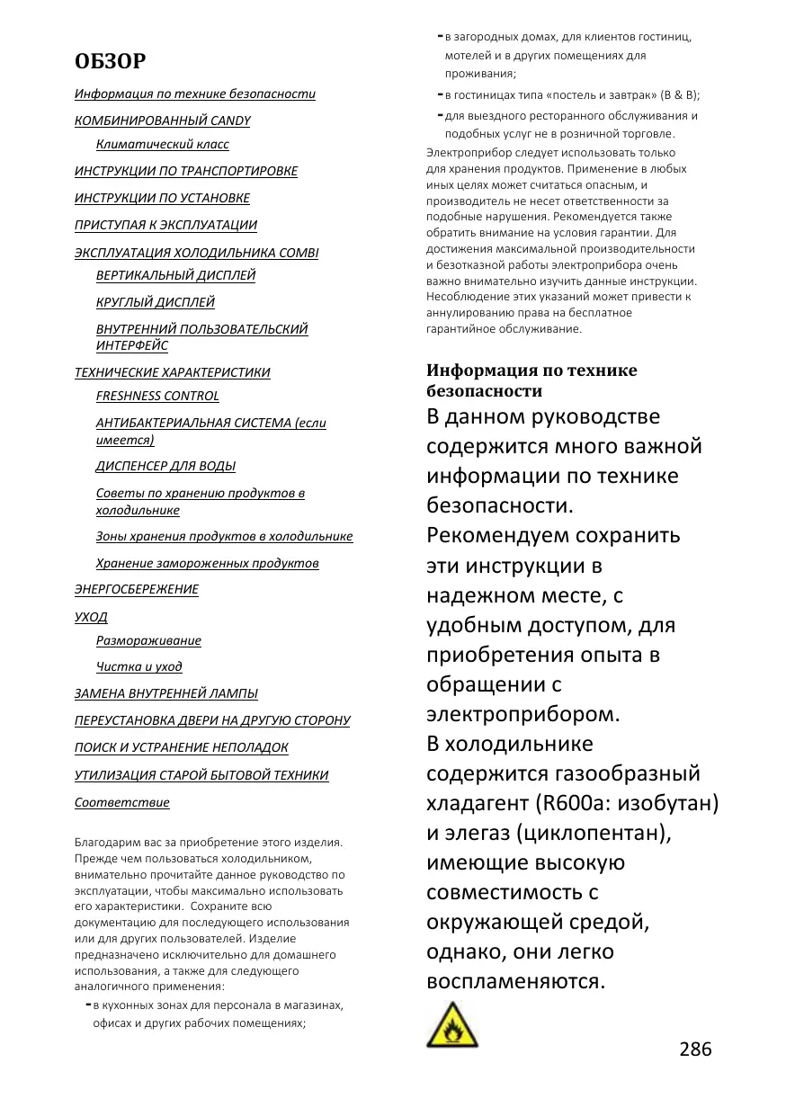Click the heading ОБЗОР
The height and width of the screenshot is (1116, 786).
(x=110, y=61)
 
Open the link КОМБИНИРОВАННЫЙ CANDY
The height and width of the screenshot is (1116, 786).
(x=162, y=121)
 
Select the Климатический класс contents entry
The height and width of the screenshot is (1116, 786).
(x=162, y=144)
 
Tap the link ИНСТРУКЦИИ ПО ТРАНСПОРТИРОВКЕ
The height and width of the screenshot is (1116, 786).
(x=185, y=171)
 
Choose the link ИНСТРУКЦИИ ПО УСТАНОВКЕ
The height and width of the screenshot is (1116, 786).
(x=162, y=198)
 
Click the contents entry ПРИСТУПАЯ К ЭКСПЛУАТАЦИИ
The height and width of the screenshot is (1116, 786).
(x=165, y=225)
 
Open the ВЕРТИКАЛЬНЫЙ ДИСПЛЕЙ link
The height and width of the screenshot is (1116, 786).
(x=175, y=275)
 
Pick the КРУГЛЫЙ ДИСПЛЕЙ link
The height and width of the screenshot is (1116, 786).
(x=155, y=302)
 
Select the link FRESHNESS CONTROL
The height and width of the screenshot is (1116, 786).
(x=157, y=396)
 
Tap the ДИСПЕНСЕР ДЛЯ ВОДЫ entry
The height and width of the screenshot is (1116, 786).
(x=165, y=466)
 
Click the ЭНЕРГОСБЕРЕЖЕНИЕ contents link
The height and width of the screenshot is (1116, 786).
(x=136, y=589)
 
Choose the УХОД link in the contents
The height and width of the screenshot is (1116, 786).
(x=91, y=617)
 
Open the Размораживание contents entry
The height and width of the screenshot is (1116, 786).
(x=148, y=640)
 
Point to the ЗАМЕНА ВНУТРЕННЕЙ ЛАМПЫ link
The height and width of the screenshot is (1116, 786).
(x=165, y=693)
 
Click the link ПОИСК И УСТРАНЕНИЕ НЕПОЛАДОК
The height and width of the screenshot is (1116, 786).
(x=181, y=747)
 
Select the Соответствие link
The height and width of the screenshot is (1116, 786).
(x=121, y=802)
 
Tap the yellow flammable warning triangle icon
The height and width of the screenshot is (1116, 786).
(x=452, y=1025)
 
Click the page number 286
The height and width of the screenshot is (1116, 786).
(x=695, y=1049)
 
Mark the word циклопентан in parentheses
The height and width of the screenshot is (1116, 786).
(x=591, y=833)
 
